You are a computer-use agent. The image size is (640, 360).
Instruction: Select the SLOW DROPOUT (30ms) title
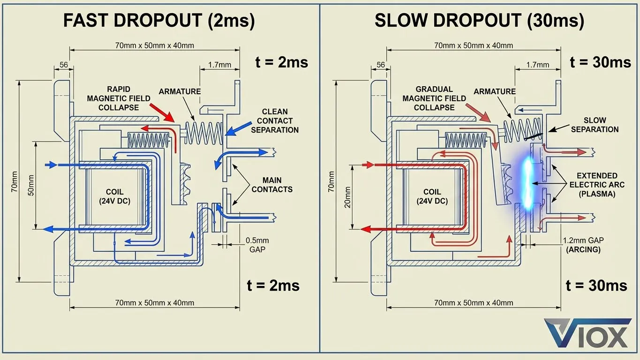tap(479, 21)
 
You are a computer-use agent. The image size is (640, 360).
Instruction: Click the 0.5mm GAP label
tap(257, 245)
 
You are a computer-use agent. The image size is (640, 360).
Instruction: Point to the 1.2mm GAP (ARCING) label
tap(583, 245)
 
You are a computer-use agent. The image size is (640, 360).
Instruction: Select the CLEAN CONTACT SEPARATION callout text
tap(274, 120)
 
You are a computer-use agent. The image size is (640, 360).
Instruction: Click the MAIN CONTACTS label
tap(272, 185)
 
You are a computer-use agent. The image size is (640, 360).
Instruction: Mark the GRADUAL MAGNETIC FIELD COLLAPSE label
tap(434, 98)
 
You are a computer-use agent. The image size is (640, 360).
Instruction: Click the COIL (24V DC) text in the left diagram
tap(114, 196)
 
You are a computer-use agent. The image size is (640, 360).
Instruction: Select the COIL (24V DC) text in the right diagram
tap(432, 196)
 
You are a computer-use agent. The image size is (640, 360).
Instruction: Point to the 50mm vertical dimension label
tap(30, 185)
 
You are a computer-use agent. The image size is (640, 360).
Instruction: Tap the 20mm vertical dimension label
tap(348, 198)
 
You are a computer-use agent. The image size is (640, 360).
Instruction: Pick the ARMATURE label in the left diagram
tap(180, 91)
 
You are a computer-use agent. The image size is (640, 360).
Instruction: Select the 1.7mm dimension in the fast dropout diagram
tap(219, 64)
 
